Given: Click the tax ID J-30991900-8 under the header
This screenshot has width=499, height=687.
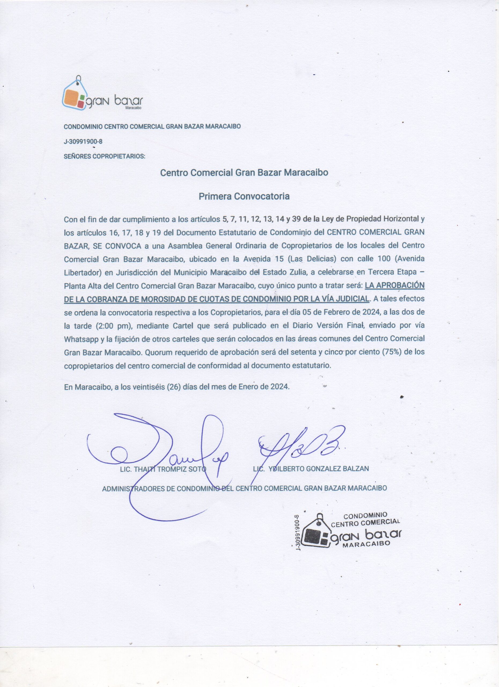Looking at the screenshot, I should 83,141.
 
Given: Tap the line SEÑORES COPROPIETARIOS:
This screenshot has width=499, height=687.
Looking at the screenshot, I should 104,157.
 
